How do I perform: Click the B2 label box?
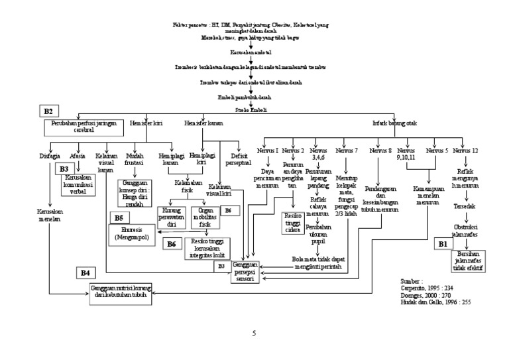(x=50, y=110)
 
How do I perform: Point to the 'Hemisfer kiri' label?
(x=146, y=122)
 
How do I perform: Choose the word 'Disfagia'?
(x=50, y=156)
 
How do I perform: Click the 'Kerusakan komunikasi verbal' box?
(x=80, y=186)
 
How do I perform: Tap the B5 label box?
(x=119, y=217)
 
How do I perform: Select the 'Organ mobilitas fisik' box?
(x=205, y=217)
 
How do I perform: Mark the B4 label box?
(x=85, y=272)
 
